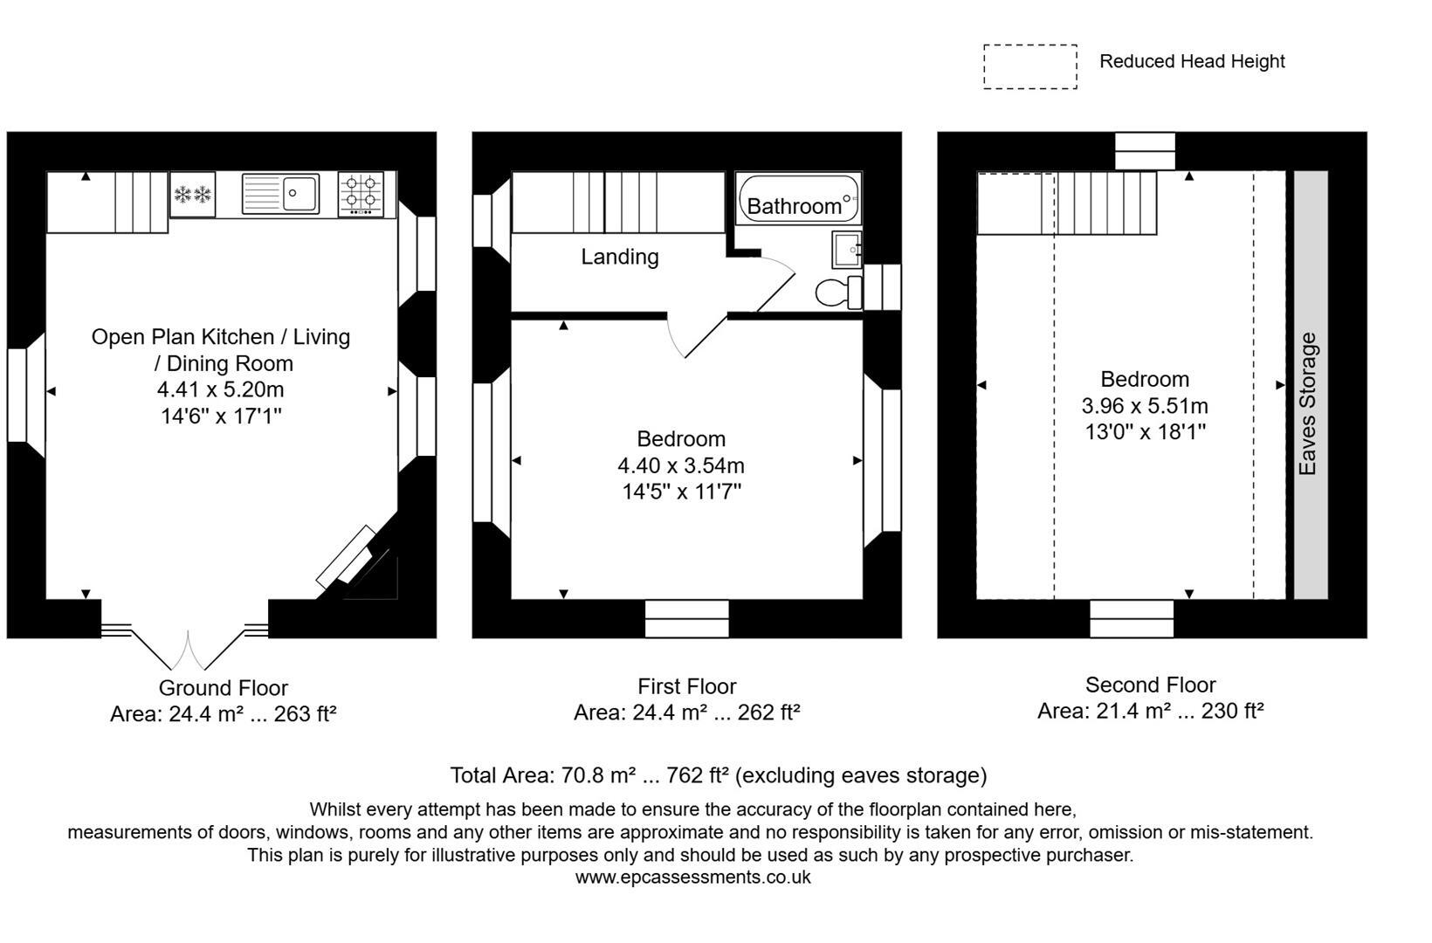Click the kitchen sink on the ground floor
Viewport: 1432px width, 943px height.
281,194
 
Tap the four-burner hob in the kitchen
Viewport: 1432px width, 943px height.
361,194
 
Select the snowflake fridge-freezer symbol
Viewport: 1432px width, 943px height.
192,195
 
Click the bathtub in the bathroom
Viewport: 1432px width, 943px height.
797,198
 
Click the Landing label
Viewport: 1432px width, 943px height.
620,257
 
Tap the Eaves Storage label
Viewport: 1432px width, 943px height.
1307,403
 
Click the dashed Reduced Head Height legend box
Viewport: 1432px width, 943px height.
1029,66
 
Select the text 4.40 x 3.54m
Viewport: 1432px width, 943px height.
681,465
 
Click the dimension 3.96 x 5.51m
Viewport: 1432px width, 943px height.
1145,405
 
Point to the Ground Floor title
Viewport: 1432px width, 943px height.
223,688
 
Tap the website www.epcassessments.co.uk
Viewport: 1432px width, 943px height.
692,878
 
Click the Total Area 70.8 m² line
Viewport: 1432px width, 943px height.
718,775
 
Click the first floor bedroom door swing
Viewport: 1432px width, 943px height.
699,336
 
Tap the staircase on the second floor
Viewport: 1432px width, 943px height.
1105,203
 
